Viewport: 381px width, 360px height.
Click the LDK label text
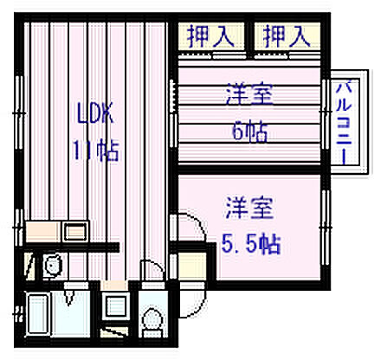click(x=94, y=113)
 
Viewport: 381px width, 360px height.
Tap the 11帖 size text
click(x=94, y=150)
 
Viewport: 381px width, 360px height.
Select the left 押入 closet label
click(x=209, y=36)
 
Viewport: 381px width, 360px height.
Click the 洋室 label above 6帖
click(x=249, y=93)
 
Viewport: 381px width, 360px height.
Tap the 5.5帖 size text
click(x=250, y=243)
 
